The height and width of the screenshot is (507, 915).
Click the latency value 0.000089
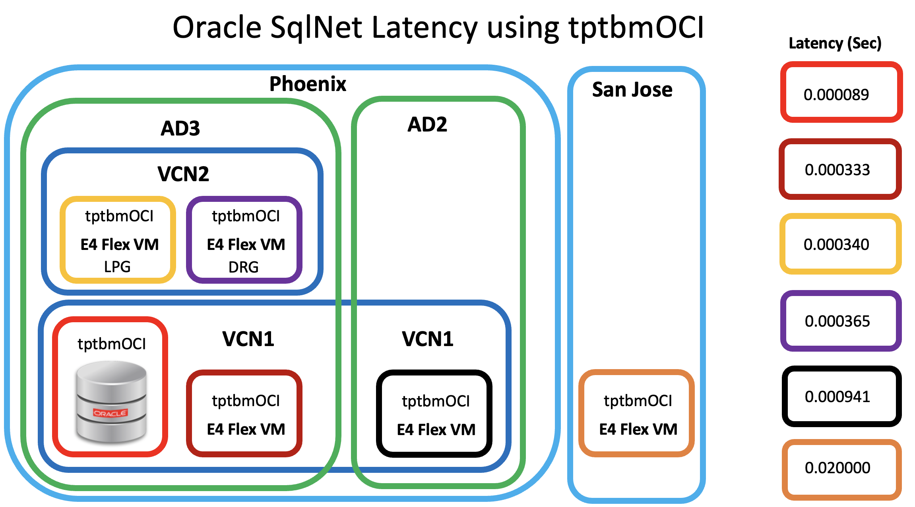coord(836,95)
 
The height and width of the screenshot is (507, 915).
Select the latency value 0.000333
coord(837,170)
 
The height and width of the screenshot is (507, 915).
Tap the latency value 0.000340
coord(836,244)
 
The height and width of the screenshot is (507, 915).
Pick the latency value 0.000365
coord(837,321)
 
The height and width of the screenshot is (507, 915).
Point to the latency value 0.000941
coord(837,397)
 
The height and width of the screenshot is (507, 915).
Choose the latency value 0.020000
coord(837,468)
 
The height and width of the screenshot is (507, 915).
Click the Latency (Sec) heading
coord(835,43)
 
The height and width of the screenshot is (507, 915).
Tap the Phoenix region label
coord(308,84)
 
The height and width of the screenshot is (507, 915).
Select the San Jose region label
coord(632,89)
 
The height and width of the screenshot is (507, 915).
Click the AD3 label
coord(180,128)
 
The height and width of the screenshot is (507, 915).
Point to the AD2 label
coord(427,124)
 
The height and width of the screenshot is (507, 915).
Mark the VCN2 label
coord(183,174)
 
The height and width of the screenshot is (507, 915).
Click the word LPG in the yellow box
coord(117,267)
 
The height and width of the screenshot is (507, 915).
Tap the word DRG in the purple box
coord(243,267)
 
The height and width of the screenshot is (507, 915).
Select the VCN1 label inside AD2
coord(427,339)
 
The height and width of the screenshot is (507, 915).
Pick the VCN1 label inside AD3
coord(248,339)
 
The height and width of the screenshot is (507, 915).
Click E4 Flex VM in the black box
coord(436,430)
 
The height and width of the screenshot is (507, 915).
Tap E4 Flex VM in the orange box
coord(638,429)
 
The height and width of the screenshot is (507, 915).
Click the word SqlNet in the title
coord(316,28)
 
